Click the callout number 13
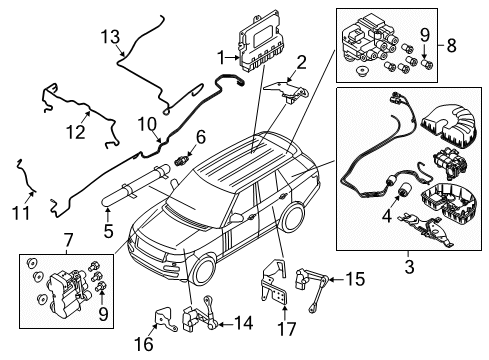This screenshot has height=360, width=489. (x=110, y=36)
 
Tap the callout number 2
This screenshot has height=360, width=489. (x=301, y=62)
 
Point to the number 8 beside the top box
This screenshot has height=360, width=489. (x=451, y=45)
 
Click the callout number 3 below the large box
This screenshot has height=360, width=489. (x=409, y=266)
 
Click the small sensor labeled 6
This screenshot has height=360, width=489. (x=181, y=159)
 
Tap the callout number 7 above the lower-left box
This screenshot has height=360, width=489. (x=67, y=240)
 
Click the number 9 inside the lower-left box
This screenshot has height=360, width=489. (x=103, y=314)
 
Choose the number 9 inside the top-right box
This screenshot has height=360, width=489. (x=425, y=35)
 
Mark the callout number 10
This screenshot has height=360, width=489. (x=147, y=125)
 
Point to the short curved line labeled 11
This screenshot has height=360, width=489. (x=24, y=176)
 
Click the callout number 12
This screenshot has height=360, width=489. (x=76, y=132)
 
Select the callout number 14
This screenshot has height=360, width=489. (x=244, y=324)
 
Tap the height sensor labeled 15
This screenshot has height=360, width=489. (x=312, y=286)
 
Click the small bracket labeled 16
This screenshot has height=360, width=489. (x=165, y=319)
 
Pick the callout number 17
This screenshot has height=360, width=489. (x=287, y=329)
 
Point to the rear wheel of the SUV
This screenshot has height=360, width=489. (x=293, y=217)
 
